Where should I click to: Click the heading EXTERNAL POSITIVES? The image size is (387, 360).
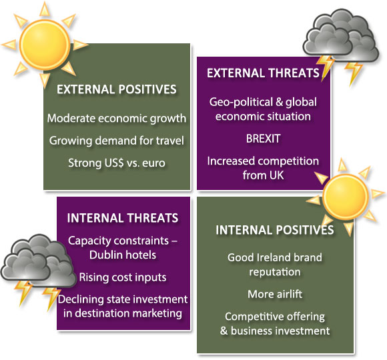point(117,89)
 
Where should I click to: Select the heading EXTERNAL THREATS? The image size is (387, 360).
point(263,73)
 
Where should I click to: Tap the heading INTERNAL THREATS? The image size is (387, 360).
point(123,218)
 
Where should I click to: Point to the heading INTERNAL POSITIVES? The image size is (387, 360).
point(275,230)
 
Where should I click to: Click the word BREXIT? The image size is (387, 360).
point(263,139)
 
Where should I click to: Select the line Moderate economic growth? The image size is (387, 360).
point(117,119)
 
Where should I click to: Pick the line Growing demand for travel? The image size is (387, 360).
point(117,141)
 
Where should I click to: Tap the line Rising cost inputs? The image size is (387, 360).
point(123,277)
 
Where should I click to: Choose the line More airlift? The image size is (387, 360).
point(275,294)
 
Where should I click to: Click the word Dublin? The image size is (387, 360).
point(105,255)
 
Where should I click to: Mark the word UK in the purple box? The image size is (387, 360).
point(276,175)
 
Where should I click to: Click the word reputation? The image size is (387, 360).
point(275,272)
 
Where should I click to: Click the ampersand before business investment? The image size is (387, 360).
point(224,331)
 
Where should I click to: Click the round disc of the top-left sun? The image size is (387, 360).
point(45,45)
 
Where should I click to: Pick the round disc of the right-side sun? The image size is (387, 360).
point(345,197)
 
